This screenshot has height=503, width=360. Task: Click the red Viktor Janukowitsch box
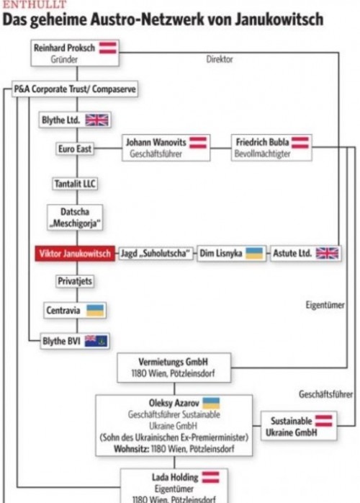75,254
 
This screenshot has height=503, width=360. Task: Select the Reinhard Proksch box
75,53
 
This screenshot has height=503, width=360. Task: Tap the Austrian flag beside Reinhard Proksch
108,48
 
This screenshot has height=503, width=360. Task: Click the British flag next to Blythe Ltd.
96,120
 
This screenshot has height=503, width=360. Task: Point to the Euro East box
75,149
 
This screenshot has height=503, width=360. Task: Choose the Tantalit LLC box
75,184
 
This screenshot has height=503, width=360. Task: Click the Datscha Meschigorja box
75,217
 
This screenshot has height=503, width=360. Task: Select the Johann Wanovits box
166,148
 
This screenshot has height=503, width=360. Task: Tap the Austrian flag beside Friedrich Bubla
300,143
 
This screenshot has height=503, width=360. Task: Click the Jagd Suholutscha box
156,254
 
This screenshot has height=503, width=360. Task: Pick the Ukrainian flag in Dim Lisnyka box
254,253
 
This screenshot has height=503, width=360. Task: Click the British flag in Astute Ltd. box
327,253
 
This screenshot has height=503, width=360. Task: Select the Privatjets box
75,281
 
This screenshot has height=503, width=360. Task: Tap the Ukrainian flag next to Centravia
96,310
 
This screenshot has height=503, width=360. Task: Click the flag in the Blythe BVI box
96,341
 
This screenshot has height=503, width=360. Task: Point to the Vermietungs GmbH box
174,368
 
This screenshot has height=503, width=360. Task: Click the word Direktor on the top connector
220,59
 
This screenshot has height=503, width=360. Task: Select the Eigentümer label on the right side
325,305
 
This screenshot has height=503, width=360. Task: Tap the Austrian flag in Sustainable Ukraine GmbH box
323,421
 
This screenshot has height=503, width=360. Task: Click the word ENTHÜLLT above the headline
35,4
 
